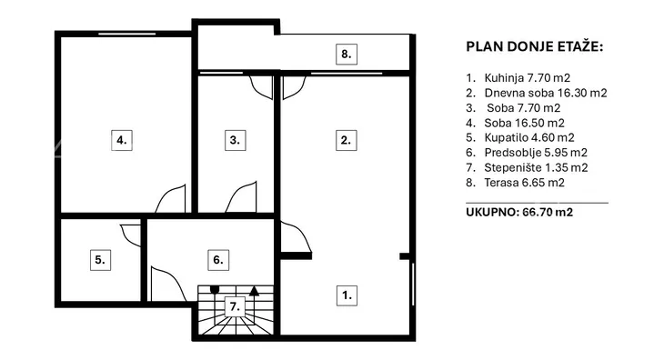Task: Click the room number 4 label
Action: click(x=122, y=140)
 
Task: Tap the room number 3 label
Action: click(x=235, y=140)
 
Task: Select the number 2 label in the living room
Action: click(x=346, y=140)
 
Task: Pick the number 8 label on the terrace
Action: click(x=347, y=55)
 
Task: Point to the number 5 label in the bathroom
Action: click(x=100, y=260)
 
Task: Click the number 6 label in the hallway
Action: click(x=218, y=260)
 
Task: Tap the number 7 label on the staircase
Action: click(x=235, y=306)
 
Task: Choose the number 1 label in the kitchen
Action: click(x=347, y=295)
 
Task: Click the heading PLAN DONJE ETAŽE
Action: click(x=535, y=46)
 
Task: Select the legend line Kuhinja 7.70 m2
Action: click(x=518, y=78)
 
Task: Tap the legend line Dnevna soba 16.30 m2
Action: click(x=537, y=93)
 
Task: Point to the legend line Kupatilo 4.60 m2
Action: click(x=520, y=137)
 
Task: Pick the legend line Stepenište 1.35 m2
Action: click(x=527, y=167)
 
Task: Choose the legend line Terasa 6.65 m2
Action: click(x=516, y=183)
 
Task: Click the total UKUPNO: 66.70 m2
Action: click(x=519, y=212)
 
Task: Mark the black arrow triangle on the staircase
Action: click(x=254, y=291)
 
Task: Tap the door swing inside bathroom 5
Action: click(x=130, y=235)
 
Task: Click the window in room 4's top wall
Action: click(x=127, y=34)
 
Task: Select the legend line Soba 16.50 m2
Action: click(x=516, y=123)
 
